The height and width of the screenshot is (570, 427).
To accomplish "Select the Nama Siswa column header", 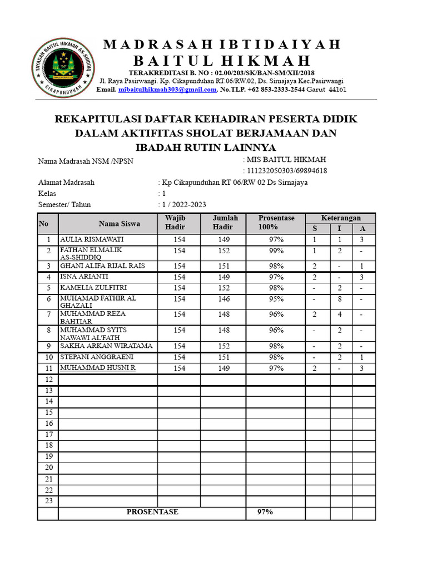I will coord(120,224).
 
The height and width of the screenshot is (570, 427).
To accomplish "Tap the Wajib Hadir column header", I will coord(175,223).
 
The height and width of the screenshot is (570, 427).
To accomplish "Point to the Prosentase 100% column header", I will coord(276,223).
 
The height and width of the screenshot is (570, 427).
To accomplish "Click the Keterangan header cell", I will coord(341,218).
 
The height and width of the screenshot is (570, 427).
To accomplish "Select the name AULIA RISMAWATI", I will coord(92,239).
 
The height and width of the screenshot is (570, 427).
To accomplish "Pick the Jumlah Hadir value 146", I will coord(223,299).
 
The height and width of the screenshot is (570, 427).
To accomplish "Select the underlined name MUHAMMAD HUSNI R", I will coord(98,368).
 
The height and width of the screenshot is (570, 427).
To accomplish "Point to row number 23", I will coord(48,500).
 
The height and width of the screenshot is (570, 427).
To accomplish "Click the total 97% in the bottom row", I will coord(265,512).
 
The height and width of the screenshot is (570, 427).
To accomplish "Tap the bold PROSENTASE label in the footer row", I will coord(152,512).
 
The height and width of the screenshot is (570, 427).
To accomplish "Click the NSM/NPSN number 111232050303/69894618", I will coord(286,171).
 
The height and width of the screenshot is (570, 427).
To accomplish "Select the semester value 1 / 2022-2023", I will coord(183,205).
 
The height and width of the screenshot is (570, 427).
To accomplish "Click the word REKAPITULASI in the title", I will coord(98,119).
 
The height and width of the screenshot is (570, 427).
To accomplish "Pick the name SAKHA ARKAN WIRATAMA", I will coord(106,346).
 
